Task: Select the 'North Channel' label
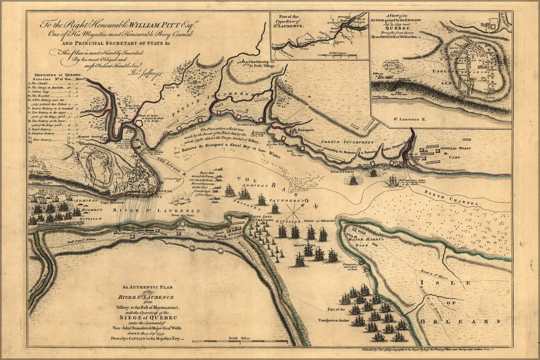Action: tap(451, 198)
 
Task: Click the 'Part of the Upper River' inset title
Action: tap(290, 21)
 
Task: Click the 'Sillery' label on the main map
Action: tap(35, 167)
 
